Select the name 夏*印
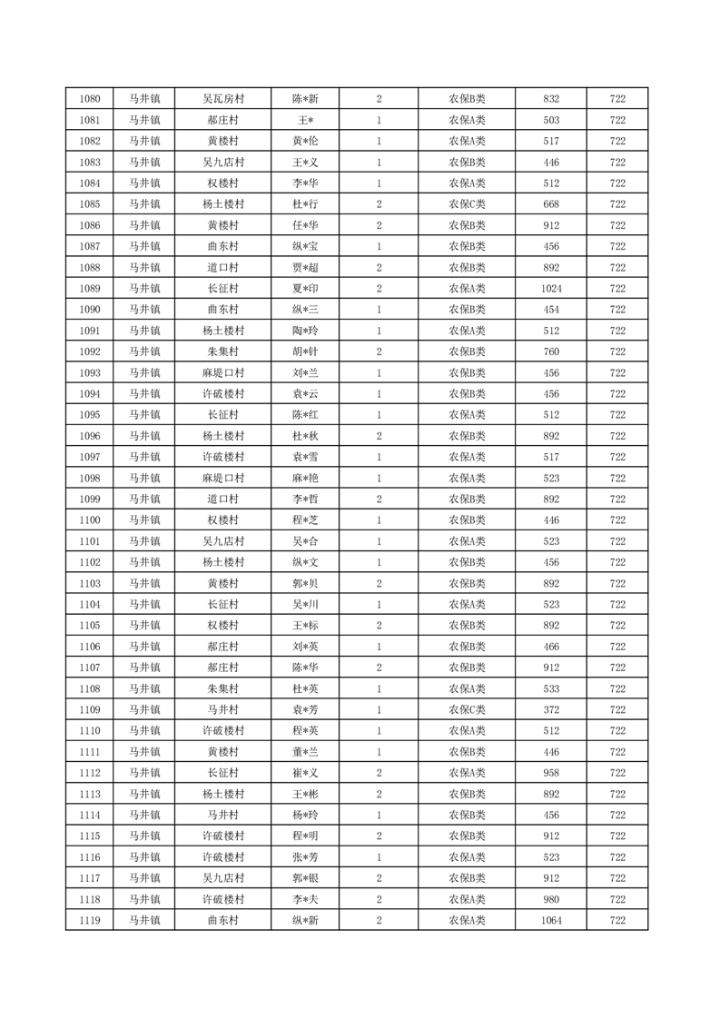tap(305, 288)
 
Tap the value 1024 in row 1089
tap(550, 288)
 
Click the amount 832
tap(550, 98)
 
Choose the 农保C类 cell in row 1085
tap(467, 203)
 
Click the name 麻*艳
tap(305, 478)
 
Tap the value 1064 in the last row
tap(550, 921)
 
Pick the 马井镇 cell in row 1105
tap(143, 626)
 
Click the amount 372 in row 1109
tap(550, 709)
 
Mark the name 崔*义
tap(305, 773)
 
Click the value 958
tap(550, 773)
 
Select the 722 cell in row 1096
tap(617, 436)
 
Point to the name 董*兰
tap(305, 752)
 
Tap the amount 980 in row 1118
tap(550, 899)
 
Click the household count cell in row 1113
tap(379, 794)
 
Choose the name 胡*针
tap(305, 351)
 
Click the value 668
tap(550, 203)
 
